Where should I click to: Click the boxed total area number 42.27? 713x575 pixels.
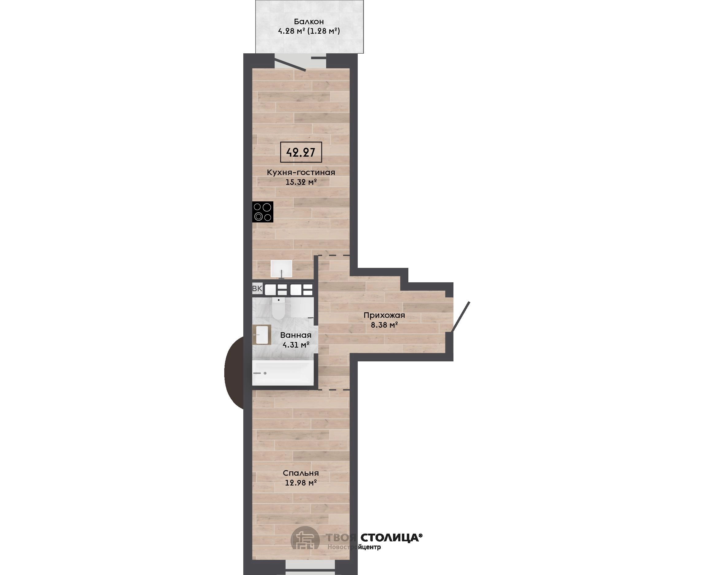click(301, 152)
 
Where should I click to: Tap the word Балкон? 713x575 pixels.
click(309, 22)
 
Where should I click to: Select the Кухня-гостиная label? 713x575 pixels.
click(301, 173)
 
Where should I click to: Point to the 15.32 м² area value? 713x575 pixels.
click(301, 182)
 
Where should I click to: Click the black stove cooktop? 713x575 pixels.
click(263, 212)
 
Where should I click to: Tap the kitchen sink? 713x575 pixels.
click(281, 268)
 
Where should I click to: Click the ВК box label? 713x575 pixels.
click(257, 288)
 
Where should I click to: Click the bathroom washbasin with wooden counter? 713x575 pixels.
click(261, 334)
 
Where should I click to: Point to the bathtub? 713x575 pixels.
click(283, 373)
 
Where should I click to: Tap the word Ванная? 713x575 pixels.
click(296, 335)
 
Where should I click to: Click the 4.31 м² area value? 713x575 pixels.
click(296, 345)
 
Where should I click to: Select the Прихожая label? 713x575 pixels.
click(384, 315)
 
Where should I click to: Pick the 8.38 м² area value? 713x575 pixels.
click(384, 325)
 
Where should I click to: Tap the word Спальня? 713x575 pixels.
click(301, 473)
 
